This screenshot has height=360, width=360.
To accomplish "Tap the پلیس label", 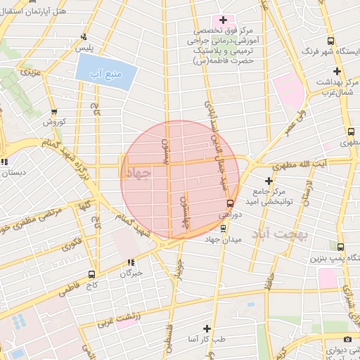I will [85, 46].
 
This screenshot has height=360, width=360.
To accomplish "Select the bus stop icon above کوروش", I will [54, 112].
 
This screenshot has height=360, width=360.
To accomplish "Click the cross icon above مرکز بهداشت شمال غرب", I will [337, 71].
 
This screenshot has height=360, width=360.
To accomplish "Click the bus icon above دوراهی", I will [230, 202].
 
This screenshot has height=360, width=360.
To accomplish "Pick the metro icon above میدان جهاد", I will [224, 228].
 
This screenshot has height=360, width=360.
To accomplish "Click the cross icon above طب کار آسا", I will [207, 328].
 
